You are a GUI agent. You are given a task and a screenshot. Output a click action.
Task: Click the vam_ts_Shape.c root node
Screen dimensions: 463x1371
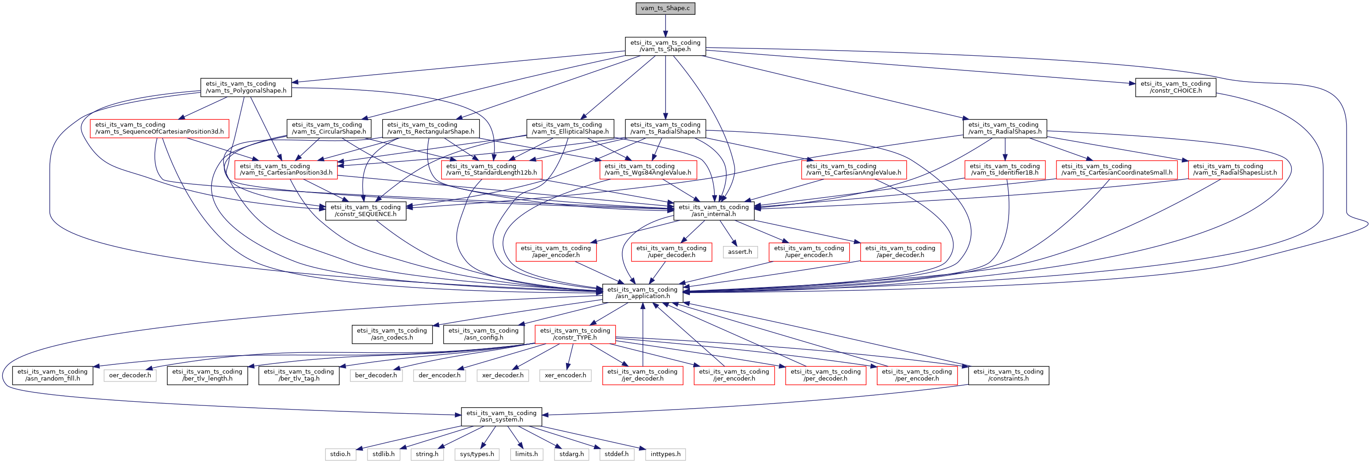click(x=665, y=8)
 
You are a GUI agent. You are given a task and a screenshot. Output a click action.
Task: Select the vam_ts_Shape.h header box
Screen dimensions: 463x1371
click(x=665, y=46)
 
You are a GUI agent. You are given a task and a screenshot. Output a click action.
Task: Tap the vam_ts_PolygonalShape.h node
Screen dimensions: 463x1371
click(x=246, y=87)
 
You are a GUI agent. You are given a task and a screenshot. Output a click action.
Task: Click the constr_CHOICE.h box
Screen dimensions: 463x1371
click(x=1176, y=87)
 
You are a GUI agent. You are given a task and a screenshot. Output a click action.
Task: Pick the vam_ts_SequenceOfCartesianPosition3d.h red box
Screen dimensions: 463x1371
click(x=159, y=128)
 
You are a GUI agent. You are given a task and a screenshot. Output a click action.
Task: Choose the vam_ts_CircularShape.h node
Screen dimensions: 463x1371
click(x=328, y=128)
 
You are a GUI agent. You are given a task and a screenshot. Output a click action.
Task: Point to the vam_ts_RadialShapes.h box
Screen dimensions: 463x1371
click(x=1004, y=128)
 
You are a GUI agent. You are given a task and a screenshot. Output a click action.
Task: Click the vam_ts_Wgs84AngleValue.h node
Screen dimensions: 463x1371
click(x=648, y=169)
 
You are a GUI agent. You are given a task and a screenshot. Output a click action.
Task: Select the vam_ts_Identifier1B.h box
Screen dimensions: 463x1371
click(x=1004, y=169)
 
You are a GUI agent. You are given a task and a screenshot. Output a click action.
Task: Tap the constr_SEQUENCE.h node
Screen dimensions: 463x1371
click(x=366, y=211)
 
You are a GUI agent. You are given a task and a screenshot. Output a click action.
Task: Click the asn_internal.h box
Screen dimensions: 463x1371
click(x=714, y=211)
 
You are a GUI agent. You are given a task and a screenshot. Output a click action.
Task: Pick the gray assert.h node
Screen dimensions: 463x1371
click(x=740, y=252)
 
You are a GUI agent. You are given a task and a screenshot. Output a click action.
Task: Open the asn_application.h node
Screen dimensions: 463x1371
click(x=642, y=293)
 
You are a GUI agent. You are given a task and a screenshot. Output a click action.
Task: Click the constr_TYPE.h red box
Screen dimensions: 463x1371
click(x=575, y=334)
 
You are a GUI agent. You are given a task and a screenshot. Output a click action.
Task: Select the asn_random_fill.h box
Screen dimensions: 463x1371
click(x=53, y=375)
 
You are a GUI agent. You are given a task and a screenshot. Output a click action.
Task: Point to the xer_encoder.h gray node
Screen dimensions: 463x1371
click(x=565, y=375)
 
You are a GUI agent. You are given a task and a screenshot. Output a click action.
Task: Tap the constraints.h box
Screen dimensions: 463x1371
click(x=1008, y=375)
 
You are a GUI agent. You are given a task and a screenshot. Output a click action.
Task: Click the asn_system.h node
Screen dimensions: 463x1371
click(x=502, y=416)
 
